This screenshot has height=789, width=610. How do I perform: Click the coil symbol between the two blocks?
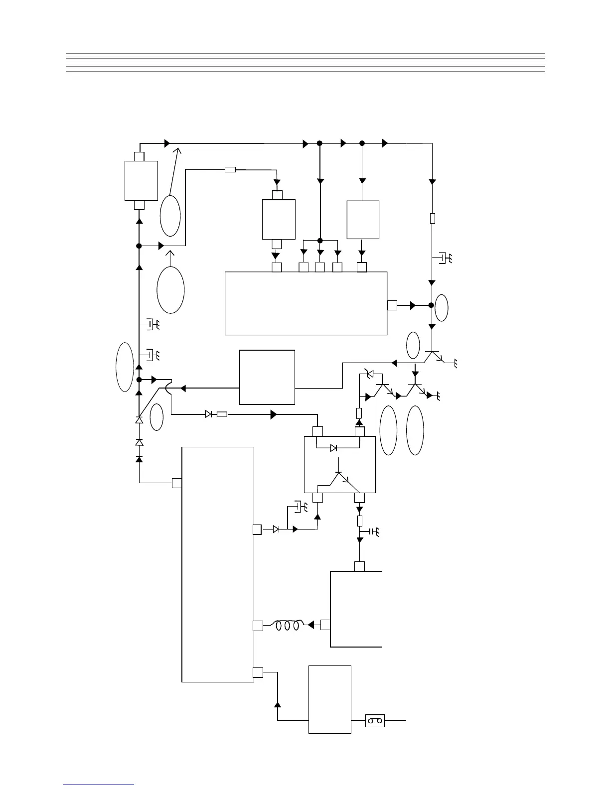pyautogui.click(x=288, y=626)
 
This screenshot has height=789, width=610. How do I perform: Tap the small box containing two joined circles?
pyautogui.click(x=375, y=720)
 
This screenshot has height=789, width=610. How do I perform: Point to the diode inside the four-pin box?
pyautogui.click(x=334, y=448)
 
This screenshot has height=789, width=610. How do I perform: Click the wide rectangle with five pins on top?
pyautogui.click(x=306, y=303)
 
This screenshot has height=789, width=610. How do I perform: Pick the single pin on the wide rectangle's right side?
pyautogui.click(x=392, y=305)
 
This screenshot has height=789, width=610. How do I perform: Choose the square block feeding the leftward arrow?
pyautogui.click(x=267, y=377)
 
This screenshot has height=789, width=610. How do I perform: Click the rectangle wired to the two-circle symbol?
pyautogui.click(x=329, y=699)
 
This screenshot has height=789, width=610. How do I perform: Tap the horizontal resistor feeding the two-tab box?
pyautogui.click(x=230, y=170)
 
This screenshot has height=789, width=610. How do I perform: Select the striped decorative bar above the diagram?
pyautogui.click(x=305, y=62)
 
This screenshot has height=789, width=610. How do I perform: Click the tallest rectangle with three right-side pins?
pyautogui.click(x=218, y=564)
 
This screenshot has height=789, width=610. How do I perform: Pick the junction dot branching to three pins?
pyautogui.click(x=320, y=241)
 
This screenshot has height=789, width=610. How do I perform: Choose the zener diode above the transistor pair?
pyautogui.click(x=369, y=373)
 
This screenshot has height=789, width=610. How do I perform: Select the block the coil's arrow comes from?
pyautogui.click(x=356, y=609)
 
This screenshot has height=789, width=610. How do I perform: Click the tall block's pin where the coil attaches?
pyautogui.click(x=257, y=626)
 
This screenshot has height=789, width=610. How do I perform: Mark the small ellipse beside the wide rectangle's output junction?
pyautogui.click(x=441, y=308)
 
